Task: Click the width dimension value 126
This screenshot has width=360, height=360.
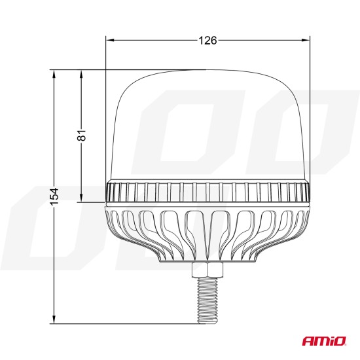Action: (x=207, y=41)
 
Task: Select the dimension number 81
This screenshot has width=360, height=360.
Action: (x=81, y=136)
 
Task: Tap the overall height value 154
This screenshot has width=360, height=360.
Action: (x=54, y=195)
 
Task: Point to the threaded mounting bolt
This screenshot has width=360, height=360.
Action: (x=207, y=298)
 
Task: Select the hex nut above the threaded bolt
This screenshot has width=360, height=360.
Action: (x=207, y=269)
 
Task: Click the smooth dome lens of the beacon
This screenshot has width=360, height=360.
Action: (x=207, y=124)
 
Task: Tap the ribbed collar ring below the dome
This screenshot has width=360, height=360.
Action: (x=207, y=192)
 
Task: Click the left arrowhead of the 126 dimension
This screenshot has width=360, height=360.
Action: (x=109, y=41)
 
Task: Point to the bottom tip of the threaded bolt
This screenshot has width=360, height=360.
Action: (x=207, y=321)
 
